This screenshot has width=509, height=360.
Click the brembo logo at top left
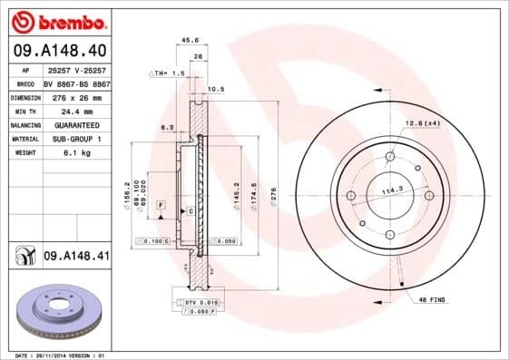pos(59,21)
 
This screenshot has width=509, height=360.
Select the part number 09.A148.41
pos(75,257)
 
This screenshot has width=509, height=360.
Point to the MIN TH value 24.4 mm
pos(73,111)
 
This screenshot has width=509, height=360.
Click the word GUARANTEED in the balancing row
pos(74,125)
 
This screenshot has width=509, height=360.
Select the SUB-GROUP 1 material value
pos(74,139)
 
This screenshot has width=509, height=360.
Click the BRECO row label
pos(25,83)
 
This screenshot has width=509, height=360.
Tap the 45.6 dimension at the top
pos(190,40)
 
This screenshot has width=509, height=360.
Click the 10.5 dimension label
pos(217,89)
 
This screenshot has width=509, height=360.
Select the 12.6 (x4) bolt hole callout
pos(422,122)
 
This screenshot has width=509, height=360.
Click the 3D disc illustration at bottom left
pos(62,311)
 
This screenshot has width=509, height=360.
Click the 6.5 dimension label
pos(169,127)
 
